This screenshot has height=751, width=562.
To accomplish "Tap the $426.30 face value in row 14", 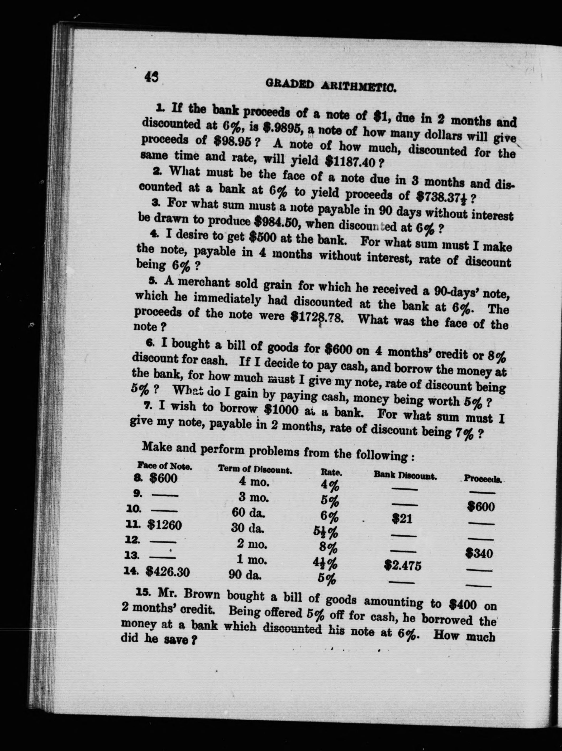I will (167, 572).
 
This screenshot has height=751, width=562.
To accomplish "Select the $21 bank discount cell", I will (402, 519).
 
